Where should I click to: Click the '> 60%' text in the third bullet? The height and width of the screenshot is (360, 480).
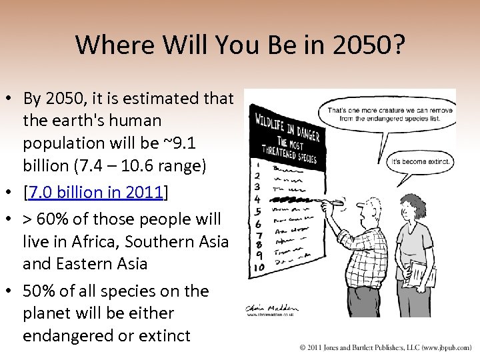click(x=45, y=219)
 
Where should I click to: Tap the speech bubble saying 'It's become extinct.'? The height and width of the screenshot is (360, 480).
click(x=421, y=161)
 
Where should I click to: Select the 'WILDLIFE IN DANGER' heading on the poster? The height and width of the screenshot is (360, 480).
click(x=287, y=127)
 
